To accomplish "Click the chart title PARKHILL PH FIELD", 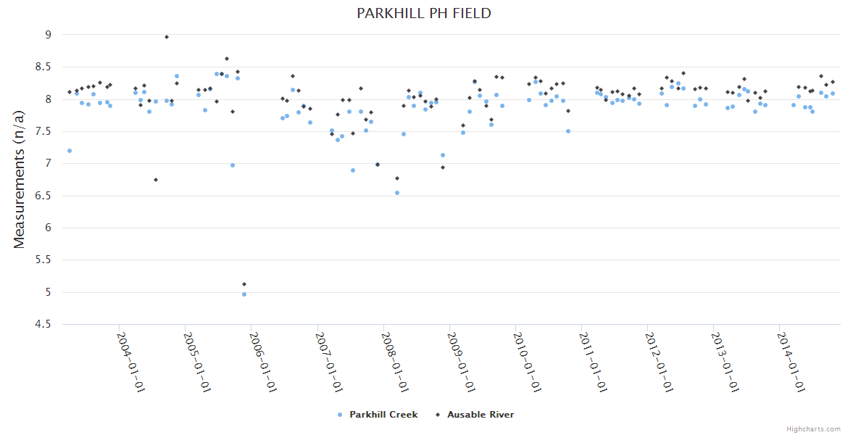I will pos(424,13).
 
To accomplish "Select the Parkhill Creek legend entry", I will pos(378,415).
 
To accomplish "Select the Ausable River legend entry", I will pos(475,415).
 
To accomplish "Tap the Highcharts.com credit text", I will pos(813,428).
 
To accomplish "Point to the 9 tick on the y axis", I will pos(48,34).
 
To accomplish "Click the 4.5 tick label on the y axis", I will pos(43,324).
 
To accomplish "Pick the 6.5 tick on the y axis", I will pos(43,196).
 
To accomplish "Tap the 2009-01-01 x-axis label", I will pos(460,362).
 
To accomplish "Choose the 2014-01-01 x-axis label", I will pos(790,362).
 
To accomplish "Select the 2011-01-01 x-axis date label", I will pos(592,362).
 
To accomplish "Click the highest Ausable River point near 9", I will pos(167,37).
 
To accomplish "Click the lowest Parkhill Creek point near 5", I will pos(244,294).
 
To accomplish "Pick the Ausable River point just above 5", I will pos(244,284).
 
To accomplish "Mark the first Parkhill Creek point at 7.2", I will pos(70,151).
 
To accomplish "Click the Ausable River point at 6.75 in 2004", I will pos(156,180).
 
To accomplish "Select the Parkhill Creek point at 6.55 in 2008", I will pos(397,193).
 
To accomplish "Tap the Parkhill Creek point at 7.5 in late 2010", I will pos(568,131).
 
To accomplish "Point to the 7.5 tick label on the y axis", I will pos(43,131).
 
